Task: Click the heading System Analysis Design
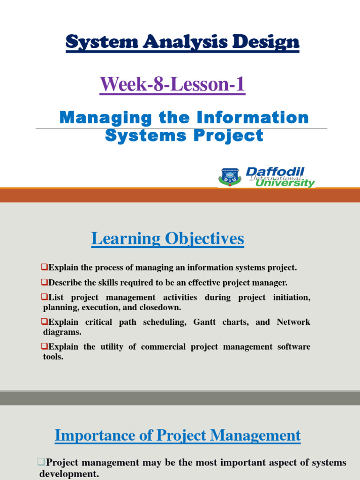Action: (182, 43)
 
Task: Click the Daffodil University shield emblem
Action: (229, 177)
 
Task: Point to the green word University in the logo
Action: (285, 183)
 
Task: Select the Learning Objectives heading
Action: (167, 239)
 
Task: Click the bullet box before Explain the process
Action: (45, 268)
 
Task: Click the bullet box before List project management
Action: (45, 298)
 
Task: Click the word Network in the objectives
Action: (293, 322)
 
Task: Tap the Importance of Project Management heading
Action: (178, 435)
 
